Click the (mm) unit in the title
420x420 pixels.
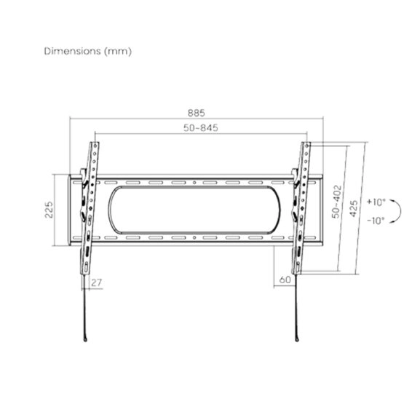pos(117,52)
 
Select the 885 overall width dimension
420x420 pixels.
pos(196,113)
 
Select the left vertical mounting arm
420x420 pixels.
pos(89,211)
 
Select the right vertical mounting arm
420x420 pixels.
pos(301,211)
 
